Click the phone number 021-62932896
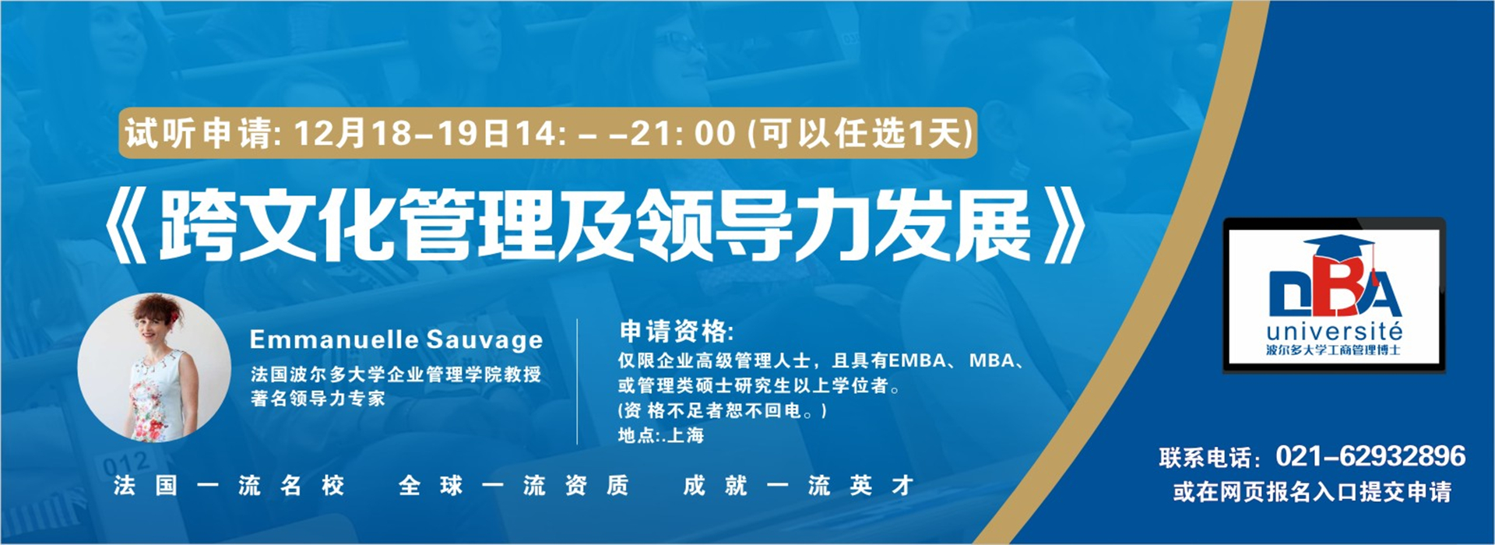tap(1370, 455)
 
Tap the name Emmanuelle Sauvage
tap(396, 339)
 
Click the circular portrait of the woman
tap(154, 368)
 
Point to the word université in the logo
tap(1334, 331)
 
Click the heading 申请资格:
tap(677, 332)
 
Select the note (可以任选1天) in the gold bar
tap(860, 134)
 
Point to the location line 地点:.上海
tap(661, 435)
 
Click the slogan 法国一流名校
tap(229, 486)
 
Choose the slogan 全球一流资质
tap(513, 486)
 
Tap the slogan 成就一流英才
tap(798, 486)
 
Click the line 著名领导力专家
tap(318, 399)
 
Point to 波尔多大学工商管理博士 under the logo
tap(1334, 350)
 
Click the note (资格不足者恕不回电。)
tap(723, 410)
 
